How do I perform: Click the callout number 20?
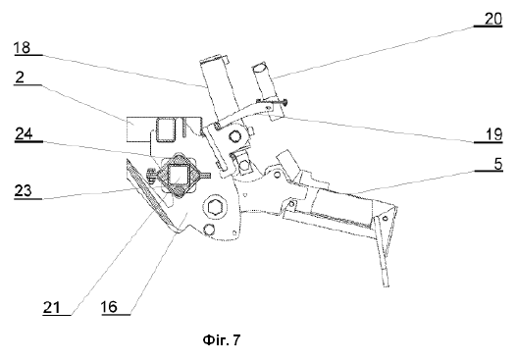tap(492, 19)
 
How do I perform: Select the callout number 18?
tap(23, 47)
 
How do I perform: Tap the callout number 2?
tap(20, 77)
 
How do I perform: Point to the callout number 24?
tap(24, 133)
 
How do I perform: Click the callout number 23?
tap(23, 190)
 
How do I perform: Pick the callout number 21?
tap(52, 308)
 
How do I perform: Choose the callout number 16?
tap(109, 307)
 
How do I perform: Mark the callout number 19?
tap(493, 134)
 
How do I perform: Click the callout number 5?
tap(498, 164)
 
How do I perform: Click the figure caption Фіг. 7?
tap(222, 339)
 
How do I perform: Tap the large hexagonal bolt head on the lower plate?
tap(216, 207)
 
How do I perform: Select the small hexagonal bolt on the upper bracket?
tap(234, 136)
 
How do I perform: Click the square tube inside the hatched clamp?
tap(179, 175)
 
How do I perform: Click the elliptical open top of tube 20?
tap(261, 68)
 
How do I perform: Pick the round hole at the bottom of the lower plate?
tap(208, 230)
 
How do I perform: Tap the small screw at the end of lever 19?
tap(284, 103)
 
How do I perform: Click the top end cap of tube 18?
tap(214, 59)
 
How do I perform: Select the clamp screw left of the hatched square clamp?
tap(152, 174)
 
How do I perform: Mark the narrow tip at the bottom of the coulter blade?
tap(386, 284)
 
